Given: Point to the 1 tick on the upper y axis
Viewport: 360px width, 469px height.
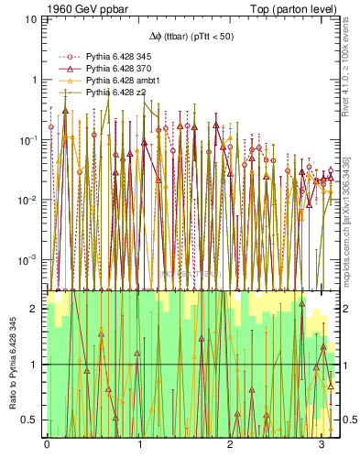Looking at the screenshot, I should pyautogui.click(x=35, y=80).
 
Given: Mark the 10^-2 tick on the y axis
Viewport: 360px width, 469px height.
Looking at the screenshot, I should pyautogui.click(x=29, y=201).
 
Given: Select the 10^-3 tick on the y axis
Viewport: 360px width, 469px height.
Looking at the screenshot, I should pyautogui.click(x=29, y=261).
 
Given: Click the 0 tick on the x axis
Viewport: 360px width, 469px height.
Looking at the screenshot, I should pyautogui.click(x=47, y=445).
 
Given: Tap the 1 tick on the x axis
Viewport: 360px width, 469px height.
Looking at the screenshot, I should pyautogui.click(x=138, y=445).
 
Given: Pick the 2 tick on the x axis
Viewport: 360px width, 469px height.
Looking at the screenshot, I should pyautogui.click(x=230, y=445).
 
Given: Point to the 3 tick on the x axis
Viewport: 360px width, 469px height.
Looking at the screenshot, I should pyautogui.click(x=322, y=445).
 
